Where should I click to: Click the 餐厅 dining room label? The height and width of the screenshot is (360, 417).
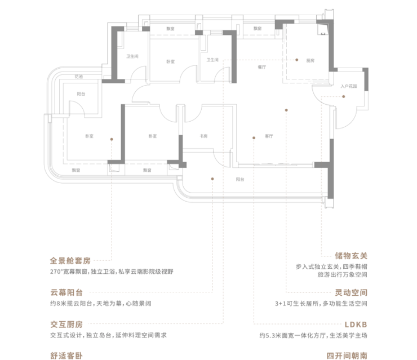(261, 67)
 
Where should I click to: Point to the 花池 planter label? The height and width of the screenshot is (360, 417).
(78, 76)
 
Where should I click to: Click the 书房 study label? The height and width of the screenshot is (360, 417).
(204, 136)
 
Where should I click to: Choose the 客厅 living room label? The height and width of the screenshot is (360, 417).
(269, 136)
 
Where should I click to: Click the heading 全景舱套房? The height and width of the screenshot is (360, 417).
(70, 261)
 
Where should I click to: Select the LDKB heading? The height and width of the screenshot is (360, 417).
(355, 325)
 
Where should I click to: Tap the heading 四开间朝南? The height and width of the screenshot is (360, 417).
(347, 355)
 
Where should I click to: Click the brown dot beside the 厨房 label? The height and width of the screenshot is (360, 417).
(296, 60)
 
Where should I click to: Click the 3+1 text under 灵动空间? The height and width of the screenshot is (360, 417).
(281, 304)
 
